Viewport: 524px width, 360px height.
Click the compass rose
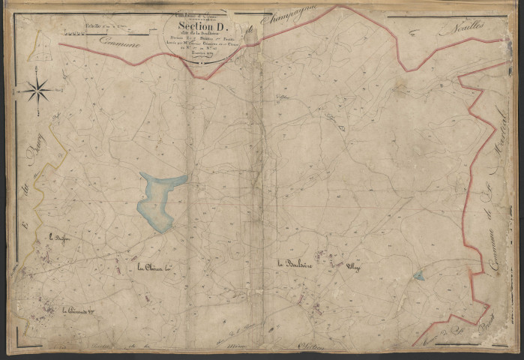click(35, 91)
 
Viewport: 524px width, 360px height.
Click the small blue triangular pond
click(418, 276)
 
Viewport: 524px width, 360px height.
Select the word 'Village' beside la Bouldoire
click(353, 266)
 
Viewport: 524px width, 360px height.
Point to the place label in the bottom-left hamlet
click(79, 307)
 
